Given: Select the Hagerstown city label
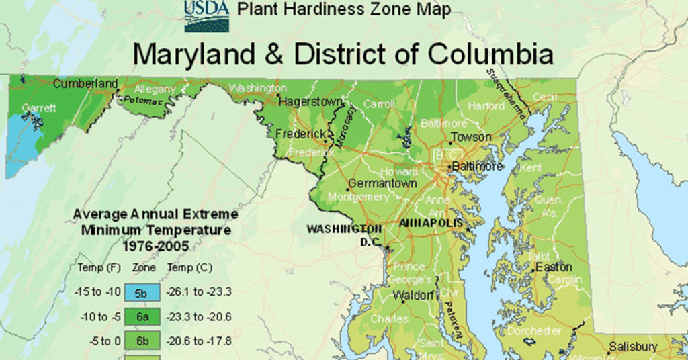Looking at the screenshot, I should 310,102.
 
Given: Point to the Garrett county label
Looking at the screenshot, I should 38,107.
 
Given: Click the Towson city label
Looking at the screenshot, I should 471,137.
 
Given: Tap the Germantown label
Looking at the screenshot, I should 382,183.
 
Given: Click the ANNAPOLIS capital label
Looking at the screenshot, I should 431,223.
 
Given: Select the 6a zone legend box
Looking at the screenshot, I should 140,316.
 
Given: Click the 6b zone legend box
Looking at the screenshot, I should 140,341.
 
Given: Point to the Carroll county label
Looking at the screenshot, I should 379,104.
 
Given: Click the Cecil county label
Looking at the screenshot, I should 545,97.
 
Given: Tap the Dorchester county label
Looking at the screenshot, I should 535,330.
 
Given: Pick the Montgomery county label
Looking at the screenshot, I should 358,197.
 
